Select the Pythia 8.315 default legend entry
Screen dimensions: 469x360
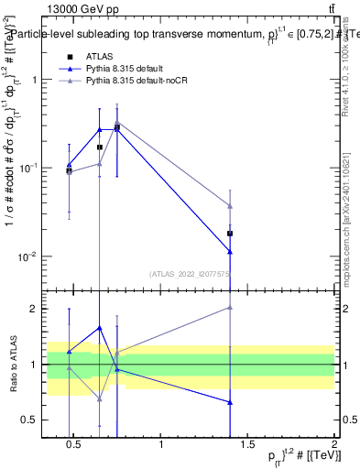click(x=129, y=69)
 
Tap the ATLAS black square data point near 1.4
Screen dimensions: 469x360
click(x=230, y=234)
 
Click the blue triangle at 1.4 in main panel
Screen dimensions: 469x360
click(x=230, y=251)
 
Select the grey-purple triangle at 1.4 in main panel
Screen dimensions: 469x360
click(x=230, y=205)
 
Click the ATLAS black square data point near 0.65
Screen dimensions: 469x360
click(x=100, y=147)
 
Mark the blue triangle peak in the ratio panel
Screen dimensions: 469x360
click(x=100, y=327)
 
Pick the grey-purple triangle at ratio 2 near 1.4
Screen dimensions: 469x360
click(x=230, y=308)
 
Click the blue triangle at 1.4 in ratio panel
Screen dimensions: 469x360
click(x=230, y=402)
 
